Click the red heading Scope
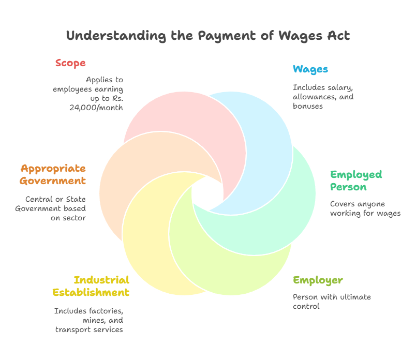(x=70, y=63)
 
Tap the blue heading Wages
(x=310, y=69)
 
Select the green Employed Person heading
(x=356, y=180)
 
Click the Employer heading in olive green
(x=318, y=280)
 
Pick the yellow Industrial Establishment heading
(x=91, y=286)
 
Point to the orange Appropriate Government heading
(x=53, y=174)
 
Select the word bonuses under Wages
(x=307, y=106)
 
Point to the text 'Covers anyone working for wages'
(x=365, y=208)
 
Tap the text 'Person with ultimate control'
(x=332, y=301)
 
